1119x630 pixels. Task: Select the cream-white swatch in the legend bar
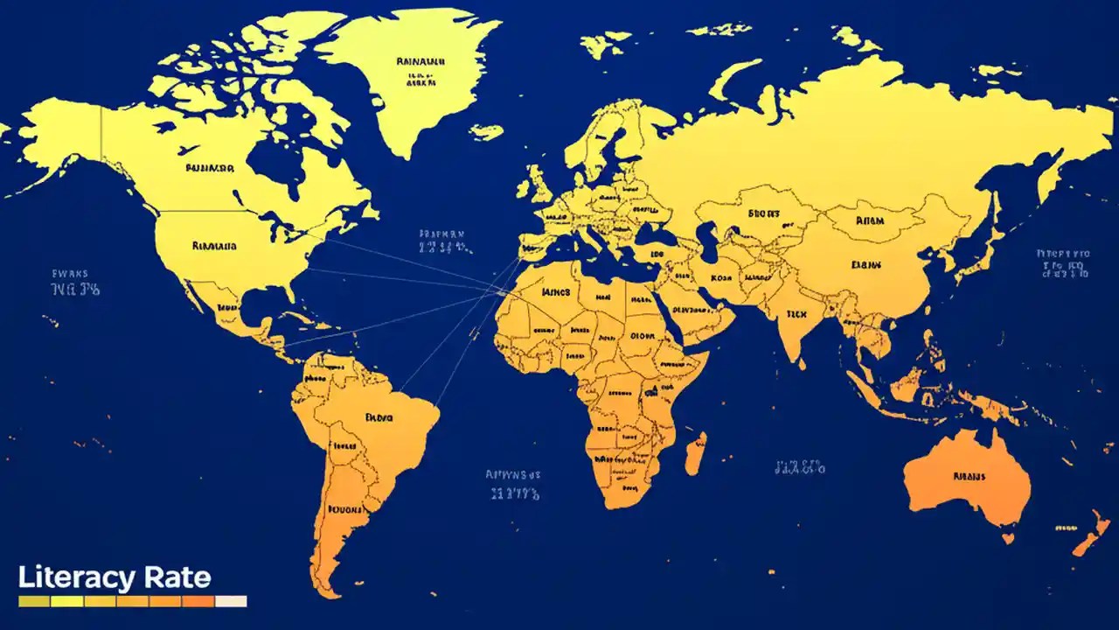click(231, 601)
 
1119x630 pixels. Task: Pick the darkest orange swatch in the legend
click(198, 601)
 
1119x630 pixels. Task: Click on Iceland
click(486, 131)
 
